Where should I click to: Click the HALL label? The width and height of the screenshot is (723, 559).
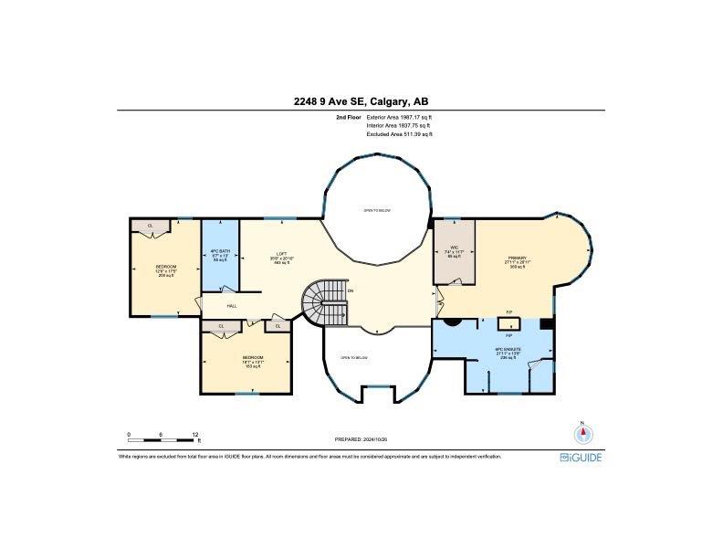[232, 306]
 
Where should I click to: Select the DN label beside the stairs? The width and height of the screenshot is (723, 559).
[350, 291]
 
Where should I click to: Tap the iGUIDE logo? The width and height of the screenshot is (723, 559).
[581, 457]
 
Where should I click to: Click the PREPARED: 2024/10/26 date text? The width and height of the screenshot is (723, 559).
[361, 439]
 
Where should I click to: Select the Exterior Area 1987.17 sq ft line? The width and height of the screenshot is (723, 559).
[399, 118]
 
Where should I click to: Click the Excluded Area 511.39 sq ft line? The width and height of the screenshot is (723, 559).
[399, 134]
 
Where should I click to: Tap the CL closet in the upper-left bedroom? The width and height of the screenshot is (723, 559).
[150, 225]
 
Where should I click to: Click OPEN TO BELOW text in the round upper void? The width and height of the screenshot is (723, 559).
[377, 210]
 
